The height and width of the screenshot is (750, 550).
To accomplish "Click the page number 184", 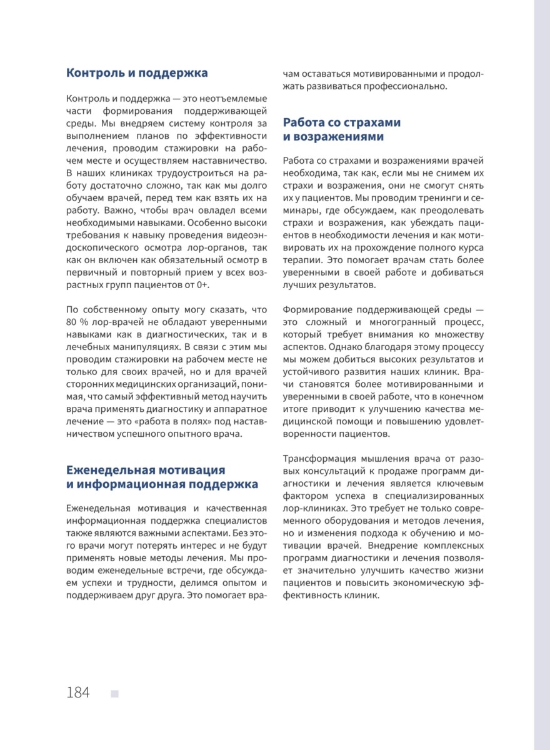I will click(78, 692).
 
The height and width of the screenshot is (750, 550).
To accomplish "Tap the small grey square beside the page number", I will click(115, 693).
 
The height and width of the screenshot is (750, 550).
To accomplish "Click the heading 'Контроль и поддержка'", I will click(137, 73).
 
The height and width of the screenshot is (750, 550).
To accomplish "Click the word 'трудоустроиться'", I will click(167, 172).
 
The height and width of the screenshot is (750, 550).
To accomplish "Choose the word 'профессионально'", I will click(406, 86).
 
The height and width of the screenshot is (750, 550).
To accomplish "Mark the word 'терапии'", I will click(303, 260).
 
